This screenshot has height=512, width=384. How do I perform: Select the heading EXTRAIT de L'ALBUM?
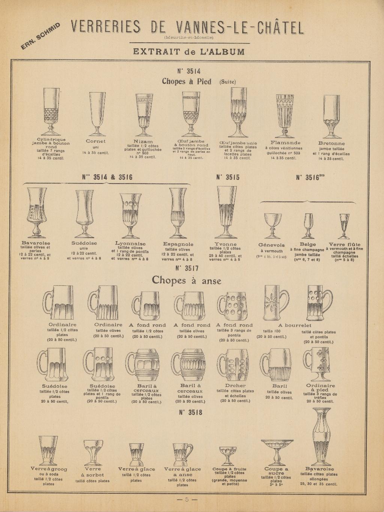[x=189, y=51]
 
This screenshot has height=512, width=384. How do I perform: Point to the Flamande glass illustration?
[x=285, y=115]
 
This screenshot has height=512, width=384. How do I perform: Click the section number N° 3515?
[x=228, y=177]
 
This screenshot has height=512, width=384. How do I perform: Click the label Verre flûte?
[x=344, y=245]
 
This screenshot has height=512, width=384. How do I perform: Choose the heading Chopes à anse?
[x=186, y=281]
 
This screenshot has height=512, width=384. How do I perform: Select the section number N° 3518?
[x=190, y=412]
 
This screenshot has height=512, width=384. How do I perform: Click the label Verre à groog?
[x=48, y=469]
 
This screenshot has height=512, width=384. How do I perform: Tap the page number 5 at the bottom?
[x=187, y=500]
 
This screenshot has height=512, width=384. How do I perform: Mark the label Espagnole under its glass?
[x=178, y=244]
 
